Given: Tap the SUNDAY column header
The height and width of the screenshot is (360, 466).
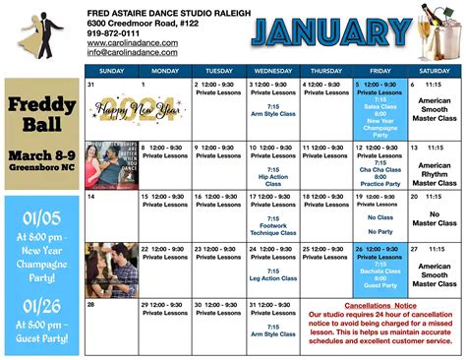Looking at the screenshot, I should (111, 71).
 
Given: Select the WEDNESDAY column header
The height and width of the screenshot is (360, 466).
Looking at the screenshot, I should (272, 71).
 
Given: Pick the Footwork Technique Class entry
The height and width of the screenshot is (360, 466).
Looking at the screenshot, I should (272, 230).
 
